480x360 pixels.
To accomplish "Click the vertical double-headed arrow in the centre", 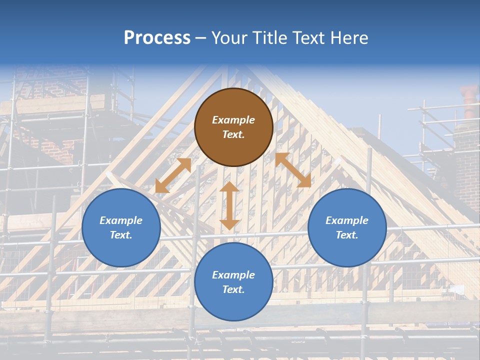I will click(229, 205).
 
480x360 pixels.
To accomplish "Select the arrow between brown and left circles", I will click(173, 175).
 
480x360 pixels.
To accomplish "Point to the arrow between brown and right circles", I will click(293, 170).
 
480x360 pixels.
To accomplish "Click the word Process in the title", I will click(157, 38).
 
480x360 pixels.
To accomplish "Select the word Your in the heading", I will click(227, 38).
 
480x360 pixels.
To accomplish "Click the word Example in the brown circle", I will click(233, 120).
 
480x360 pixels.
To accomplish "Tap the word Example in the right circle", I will click(347, 220).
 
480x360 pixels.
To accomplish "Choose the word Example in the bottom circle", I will click(233, 275).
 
